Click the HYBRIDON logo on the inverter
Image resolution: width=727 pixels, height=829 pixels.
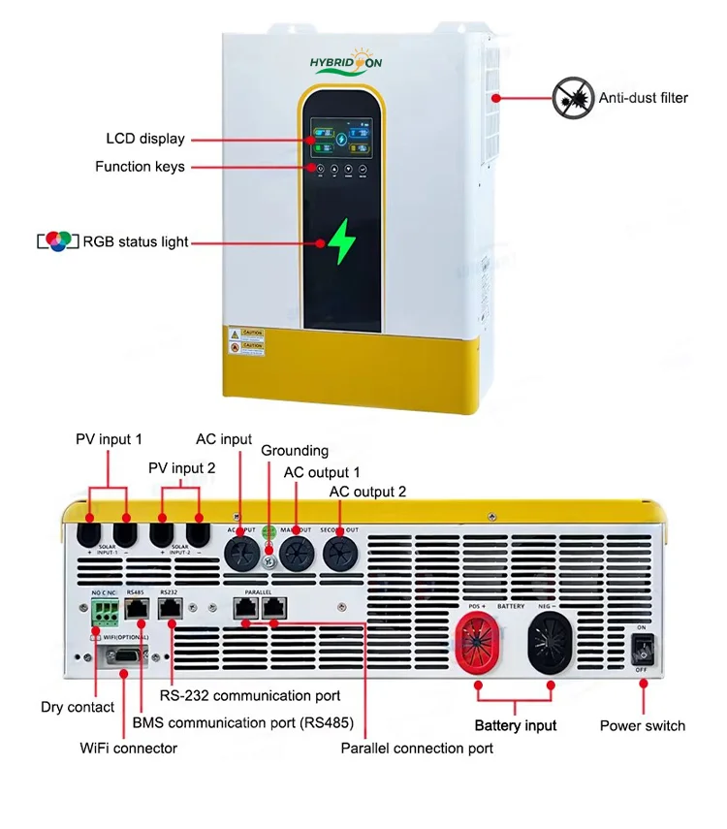pos(346,62)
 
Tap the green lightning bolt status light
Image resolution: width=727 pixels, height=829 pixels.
pos(341,241)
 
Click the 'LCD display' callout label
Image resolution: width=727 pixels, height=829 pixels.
pos(145,139)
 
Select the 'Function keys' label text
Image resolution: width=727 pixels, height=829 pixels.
pos(140,167)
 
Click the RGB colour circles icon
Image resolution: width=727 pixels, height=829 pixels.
pos(56,241)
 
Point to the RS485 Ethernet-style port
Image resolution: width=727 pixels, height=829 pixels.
pos(137,608)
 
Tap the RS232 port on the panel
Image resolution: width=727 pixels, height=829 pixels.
pos(171,608)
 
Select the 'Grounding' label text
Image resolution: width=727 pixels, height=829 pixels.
pos(295,451)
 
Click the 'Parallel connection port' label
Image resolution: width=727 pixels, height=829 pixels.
pos(417,748)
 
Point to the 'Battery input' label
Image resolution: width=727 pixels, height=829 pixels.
pos(515,725)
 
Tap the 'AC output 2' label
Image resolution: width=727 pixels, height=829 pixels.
pos(367,492)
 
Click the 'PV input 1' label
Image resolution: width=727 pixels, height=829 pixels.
pos(109,439)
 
